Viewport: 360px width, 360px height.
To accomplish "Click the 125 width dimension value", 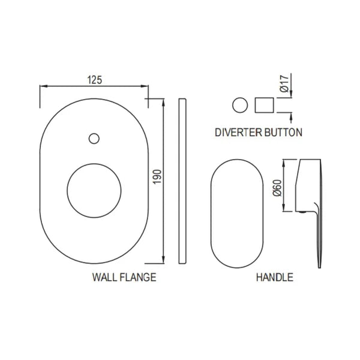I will [x=93, y=79].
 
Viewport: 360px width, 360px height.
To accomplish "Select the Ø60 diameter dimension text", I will [x=277, y=189].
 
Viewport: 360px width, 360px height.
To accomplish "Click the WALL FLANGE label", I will [x=124, y=277].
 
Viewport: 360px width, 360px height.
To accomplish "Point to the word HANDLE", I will [x=274, y=277].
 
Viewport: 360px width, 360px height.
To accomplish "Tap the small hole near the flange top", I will [x=93, y=139].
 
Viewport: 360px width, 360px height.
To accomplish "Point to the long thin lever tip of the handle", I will [x=317, y=240].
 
